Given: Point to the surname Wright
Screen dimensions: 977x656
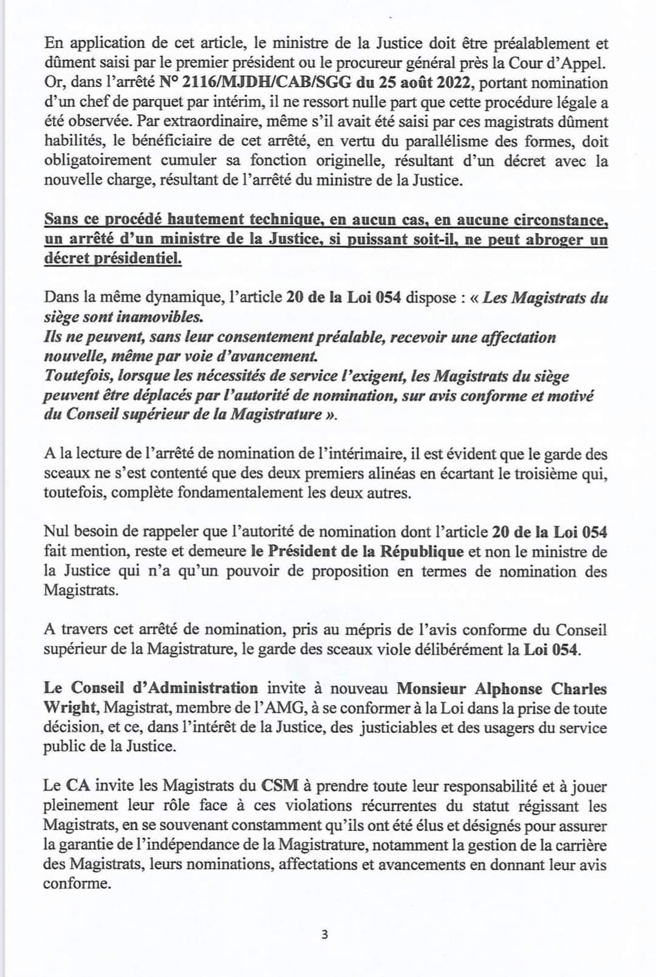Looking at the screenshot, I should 69,708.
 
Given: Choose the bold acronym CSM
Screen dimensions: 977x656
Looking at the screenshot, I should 280,786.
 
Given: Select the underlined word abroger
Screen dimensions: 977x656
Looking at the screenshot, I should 536,239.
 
